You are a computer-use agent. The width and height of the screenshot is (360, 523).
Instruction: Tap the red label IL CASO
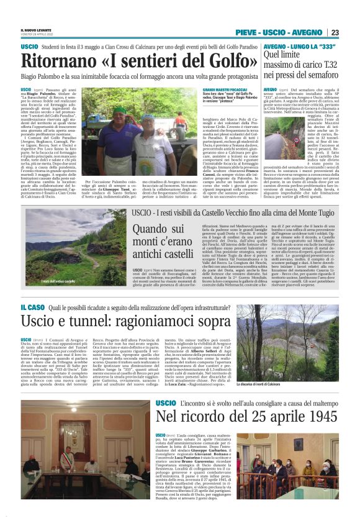(x=32, y=307)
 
